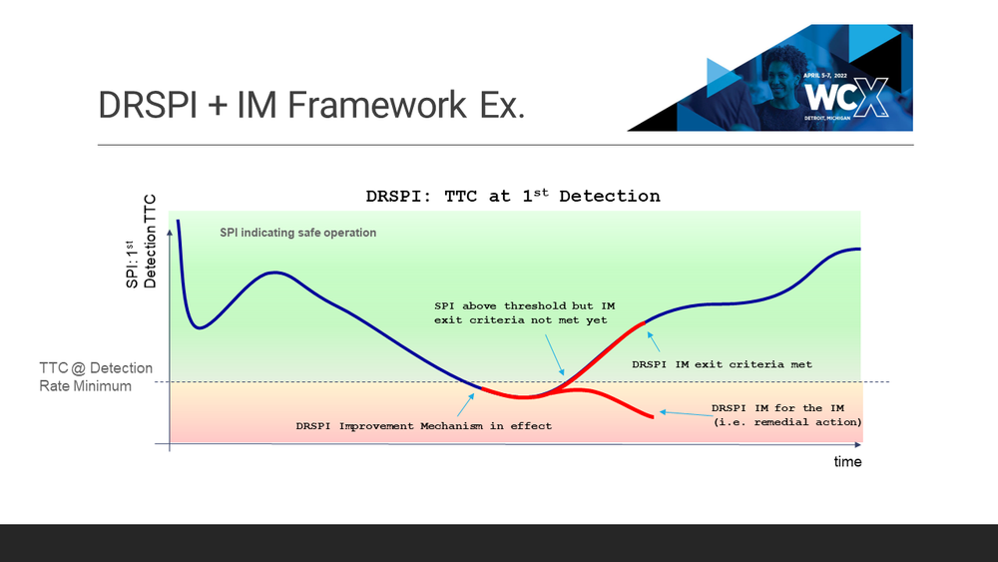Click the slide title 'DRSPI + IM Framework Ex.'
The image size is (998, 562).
311,105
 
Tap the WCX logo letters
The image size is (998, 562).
846,98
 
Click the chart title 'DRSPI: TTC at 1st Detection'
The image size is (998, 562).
513,196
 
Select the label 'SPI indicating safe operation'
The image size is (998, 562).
297,233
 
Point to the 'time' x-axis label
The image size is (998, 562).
847,461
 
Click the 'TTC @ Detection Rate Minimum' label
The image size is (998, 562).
96,376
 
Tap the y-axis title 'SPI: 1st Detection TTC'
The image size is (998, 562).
141,242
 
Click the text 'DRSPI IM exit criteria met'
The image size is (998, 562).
722,364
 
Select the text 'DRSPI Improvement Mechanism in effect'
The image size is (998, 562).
424,426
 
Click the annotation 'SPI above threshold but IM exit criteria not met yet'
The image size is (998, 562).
525,313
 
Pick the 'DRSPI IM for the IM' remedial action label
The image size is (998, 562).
786,415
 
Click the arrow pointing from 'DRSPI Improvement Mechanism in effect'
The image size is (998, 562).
466,405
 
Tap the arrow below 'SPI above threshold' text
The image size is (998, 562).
554,355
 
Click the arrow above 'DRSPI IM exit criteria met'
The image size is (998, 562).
653,341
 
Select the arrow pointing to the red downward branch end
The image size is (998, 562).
686,414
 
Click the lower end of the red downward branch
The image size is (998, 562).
653,417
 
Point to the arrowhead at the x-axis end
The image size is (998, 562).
858,444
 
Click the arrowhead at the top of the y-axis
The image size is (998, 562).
170,233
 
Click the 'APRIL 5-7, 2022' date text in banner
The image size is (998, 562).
825,76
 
